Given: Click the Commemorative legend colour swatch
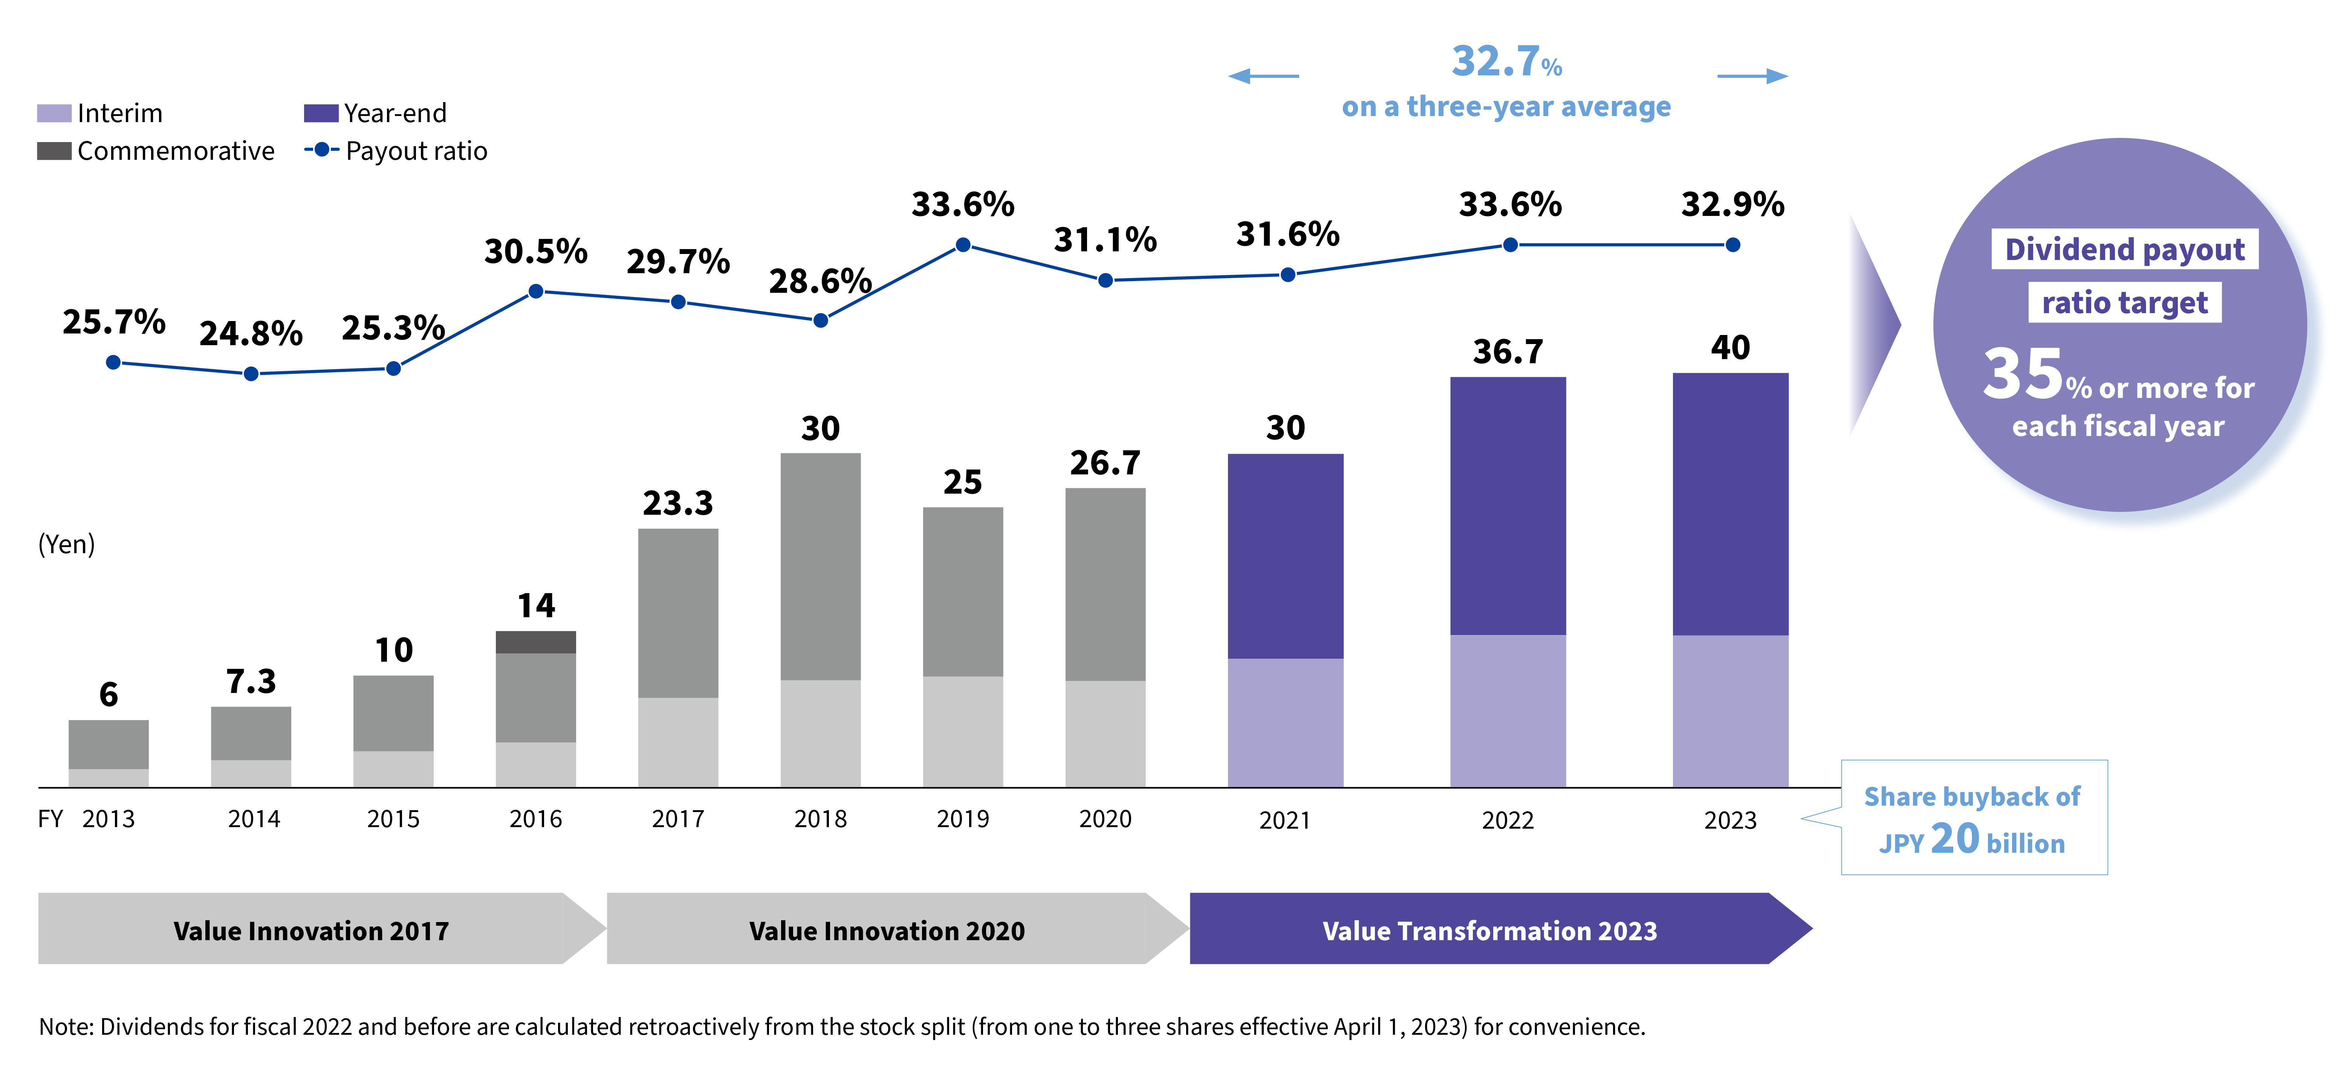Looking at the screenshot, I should pos(54,151).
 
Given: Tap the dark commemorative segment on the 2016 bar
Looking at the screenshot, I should pos(535,642).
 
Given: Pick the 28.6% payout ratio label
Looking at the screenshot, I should pos(820,282).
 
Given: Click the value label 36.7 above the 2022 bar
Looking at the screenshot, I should pos(1508,352).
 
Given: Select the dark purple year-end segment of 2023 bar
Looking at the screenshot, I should pos(1730,505).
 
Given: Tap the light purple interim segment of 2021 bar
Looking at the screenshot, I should pos(1285,722).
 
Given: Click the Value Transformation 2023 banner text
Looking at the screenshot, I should pos(1489,931).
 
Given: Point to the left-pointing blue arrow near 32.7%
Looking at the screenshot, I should pos(1263,76).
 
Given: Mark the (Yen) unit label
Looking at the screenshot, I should pos(66,545).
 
